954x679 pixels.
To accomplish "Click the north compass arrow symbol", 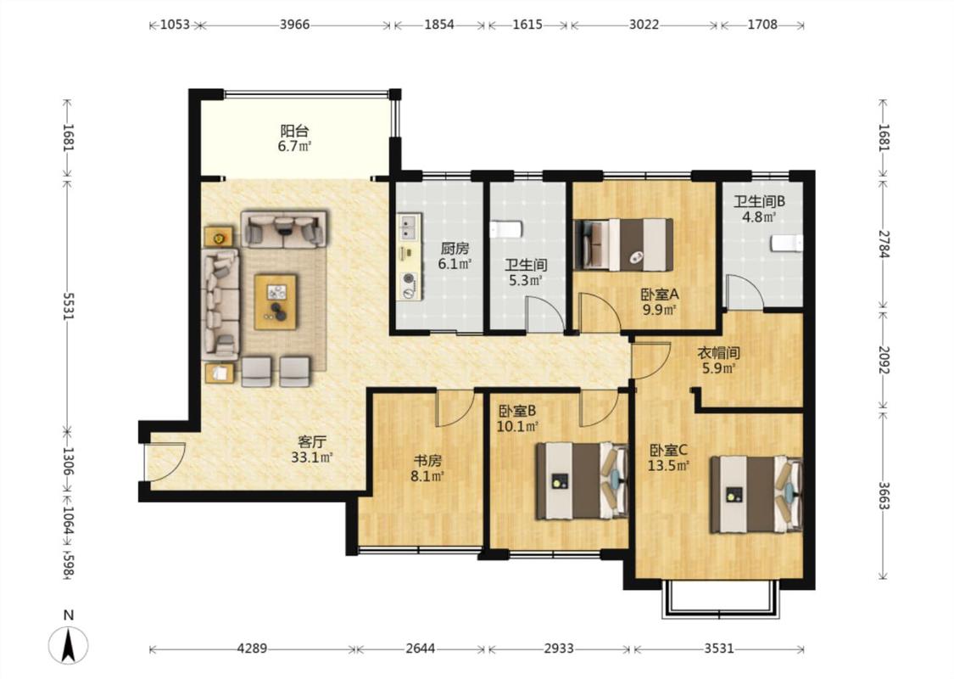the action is tap(69, 645).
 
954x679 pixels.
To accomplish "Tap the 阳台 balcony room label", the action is tap(294, 131).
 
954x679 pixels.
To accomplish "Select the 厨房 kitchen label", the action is tap(455, 249).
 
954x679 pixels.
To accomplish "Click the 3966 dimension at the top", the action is tap(294, 25).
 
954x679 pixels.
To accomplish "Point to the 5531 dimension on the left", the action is tap(68, 306).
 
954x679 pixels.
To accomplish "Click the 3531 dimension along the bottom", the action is tap(719, 648).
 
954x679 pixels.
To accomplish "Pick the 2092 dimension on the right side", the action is tap(884, 361).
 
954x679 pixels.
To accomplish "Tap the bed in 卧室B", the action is tap(582, 481).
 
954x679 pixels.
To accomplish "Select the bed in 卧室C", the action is tap(757, 495).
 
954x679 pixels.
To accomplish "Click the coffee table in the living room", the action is tap(276, 302).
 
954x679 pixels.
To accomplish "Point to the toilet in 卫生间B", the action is tap(787, 243).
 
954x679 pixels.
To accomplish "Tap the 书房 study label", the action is tap(427, 461).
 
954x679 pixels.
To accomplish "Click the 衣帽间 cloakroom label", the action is tap(718, 352).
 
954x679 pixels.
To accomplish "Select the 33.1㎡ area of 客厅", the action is tap(311, 457).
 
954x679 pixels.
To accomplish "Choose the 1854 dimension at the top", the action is tap(439, 25).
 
